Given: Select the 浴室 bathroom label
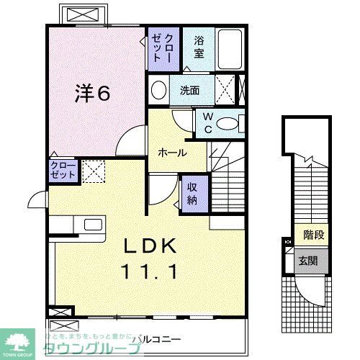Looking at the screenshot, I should click(199, 48).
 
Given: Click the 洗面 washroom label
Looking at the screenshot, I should click(189, 91).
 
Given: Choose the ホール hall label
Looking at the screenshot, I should click(173, 153).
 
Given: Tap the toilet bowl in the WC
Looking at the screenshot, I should click(229, 123).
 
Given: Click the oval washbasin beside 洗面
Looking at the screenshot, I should click(160, 91).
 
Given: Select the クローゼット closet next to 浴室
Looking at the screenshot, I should click(162, 48).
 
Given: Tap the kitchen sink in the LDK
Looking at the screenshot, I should click(92, 224).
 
